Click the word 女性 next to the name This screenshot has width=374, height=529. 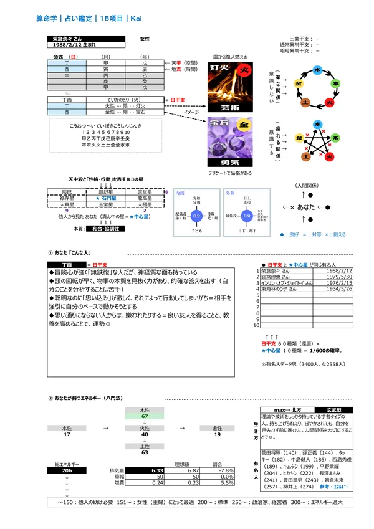tap(145, 39)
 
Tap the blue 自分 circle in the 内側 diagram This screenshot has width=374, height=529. tap(197, 216)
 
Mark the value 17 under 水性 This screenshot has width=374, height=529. tap(67, 434)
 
